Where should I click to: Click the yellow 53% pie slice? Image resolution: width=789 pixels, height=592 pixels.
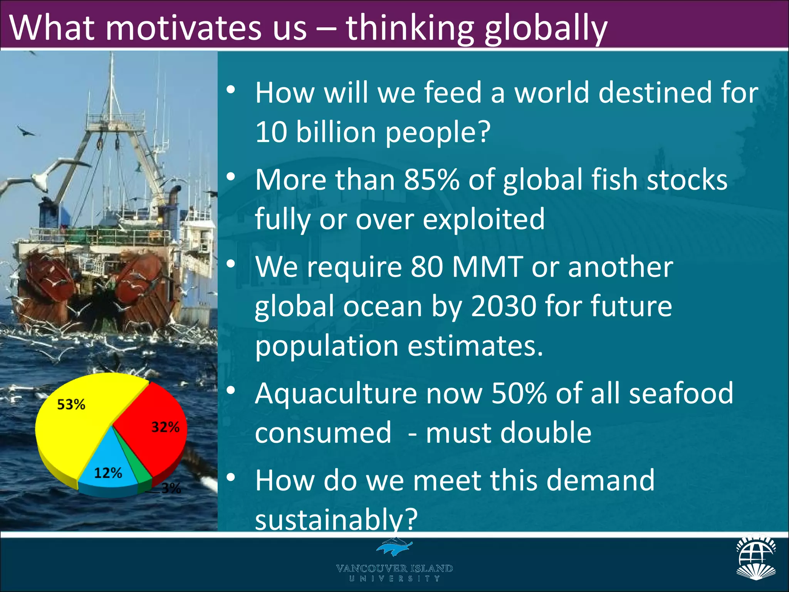[77, 424]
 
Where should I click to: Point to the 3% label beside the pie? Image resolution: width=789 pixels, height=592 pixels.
[171, 488]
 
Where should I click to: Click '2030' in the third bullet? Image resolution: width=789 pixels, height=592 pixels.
[503, 306]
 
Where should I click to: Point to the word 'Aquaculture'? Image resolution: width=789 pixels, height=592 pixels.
[336, 394]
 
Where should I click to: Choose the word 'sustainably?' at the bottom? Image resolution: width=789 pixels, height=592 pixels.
[336, 519]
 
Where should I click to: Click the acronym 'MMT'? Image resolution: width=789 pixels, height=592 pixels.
[487, 267]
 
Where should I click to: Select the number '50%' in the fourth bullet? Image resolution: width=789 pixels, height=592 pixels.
[519, 394]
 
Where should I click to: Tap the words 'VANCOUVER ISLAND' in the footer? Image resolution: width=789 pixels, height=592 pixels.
[394, 568]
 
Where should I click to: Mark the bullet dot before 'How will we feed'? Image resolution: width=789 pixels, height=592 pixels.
[231, 90]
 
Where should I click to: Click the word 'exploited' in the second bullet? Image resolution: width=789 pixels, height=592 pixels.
[483, 219]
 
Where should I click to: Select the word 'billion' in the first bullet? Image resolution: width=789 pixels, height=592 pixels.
[336, 132]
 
